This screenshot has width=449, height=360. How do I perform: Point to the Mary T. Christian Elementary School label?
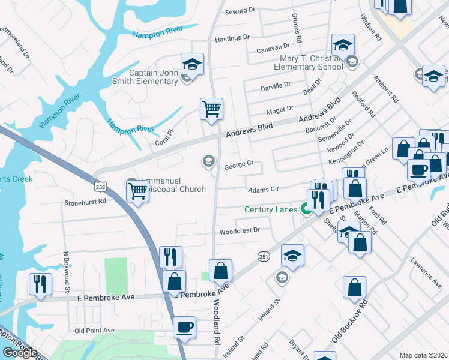click(307, 62)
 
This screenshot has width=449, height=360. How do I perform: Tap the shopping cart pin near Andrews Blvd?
click(211, 109)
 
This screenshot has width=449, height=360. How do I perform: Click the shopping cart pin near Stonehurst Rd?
click(138, 192)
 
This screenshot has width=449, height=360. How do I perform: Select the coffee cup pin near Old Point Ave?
click(185, 328)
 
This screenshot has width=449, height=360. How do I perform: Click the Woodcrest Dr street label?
click(239, 230)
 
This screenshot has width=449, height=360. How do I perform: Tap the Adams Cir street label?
click(264, 189)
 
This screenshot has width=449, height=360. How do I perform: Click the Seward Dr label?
click(240, 11)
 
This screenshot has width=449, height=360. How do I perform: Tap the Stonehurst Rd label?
click(85, 202)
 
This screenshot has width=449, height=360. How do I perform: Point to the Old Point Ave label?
click(94, 330)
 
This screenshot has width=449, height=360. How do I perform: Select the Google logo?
click(20, 353)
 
